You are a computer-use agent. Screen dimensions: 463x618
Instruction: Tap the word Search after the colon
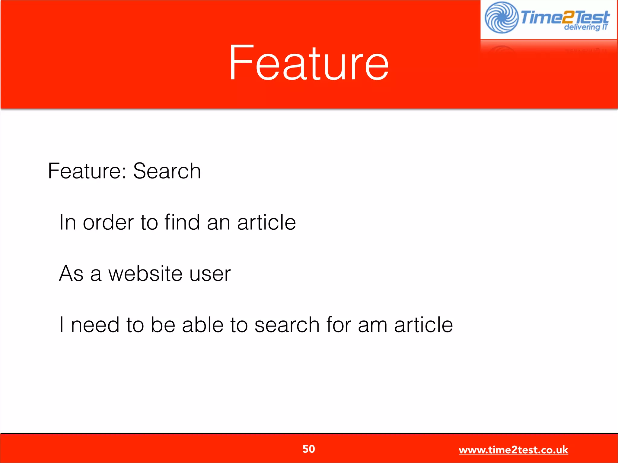pyautogui.click(x=167, y=171)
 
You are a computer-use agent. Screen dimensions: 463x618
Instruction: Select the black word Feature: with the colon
pyautogui.click(x=87, y=171)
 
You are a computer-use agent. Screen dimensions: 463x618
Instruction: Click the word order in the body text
pyautogui.click(x=108, y=222)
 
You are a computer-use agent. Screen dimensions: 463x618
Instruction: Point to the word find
pyautogui.click(x=182, y=222)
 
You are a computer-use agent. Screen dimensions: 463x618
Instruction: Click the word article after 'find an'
pyautogui.click(x=266, y=222)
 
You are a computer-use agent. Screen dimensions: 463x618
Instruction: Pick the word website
pyautogui.click(x=145, y=274)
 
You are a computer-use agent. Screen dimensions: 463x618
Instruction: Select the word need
pyautogui.click(x=95, y=325)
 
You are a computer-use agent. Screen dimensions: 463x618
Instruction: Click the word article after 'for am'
pyautogui.click(x=423, y=325)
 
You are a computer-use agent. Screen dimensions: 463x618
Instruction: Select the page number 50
pyautogui.click(x=309, y=449)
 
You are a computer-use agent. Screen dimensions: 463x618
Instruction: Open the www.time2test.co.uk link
pyautogui.click(x=513, y=450)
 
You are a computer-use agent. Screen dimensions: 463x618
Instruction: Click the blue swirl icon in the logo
pyautogui.click(x=501, y=17)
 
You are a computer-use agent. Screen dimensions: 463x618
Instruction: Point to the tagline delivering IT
pyautogui.click(x=586, y=27)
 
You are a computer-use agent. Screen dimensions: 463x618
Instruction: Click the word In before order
pyautogui.click(x=67, y=222)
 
